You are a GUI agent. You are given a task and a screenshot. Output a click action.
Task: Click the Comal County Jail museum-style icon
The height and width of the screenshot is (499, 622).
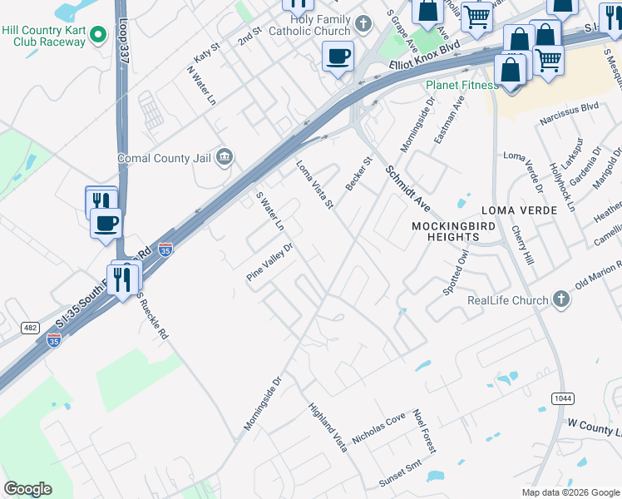(225, 157)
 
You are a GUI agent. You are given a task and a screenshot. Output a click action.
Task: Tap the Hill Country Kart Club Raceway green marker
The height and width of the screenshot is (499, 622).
(98, 35)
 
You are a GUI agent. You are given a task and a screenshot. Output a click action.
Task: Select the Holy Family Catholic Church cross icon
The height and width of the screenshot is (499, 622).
(363, 23)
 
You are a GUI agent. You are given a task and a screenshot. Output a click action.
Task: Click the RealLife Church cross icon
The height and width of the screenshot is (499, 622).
(561, 299)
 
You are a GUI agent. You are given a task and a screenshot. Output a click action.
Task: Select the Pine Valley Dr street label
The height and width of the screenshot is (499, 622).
(271, 261)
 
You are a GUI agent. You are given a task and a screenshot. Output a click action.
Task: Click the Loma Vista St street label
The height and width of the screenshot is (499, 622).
(316, 185)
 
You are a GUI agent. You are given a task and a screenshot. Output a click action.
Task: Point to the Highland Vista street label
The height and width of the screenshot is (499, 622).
(327, 427)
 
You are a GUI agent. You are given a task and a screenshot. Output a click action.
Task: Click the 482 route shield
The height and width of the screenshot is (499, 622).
(30, 329)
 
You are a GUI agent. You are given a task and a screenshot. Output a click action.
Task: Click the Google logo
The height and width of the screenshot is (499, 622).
(27, 488)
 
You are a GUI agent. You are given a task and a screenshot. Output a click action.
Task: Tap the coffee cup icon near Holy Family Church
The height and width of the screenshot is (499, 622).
(338, 57)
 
